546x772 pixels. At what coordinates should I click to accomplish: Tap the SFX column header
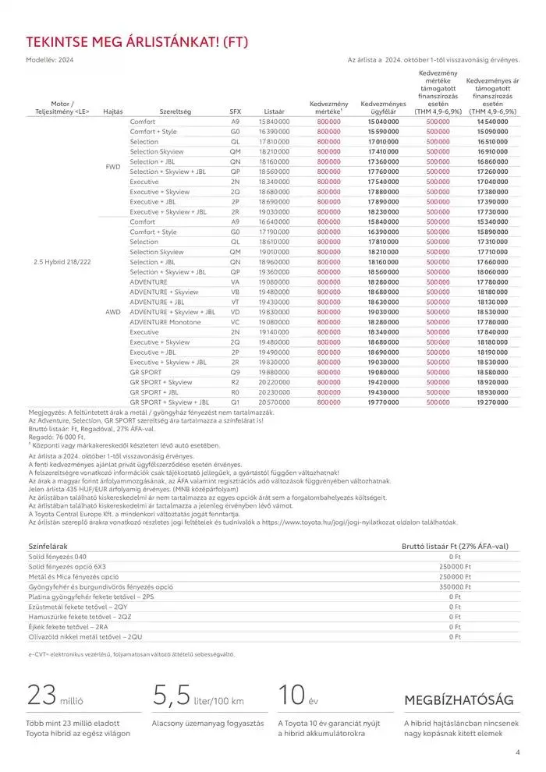pos(236,112)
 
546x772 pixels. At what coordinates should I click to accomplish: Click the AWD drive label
pos(114,311)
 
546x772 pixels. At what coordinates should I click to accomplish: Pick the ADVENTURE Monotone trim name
pos(165,321)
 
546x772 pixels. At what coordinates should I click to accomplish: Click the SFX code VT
pos(235,301)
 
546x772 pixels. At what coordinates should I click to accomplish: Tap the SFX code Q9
pos(235,372)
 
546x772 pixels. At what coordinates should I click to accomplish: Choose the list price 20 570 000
pos(274,402)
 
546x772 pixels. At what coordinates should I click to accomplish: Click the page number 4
pos(517,753)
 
